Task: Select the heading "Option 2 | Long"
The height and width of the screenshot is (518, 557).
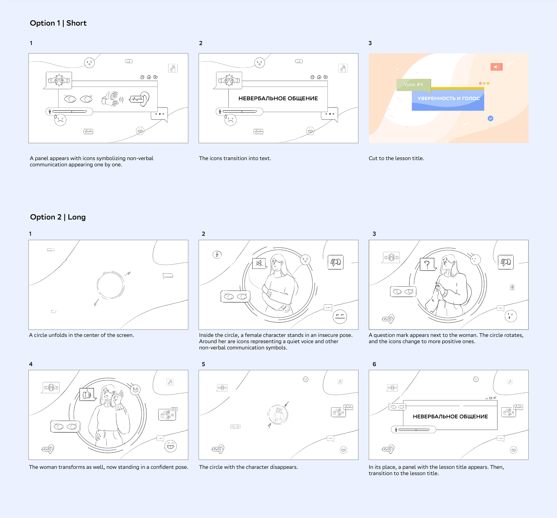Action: point(58,217)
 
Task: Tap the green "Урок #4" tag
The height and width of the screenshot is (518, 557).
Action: point(414,84)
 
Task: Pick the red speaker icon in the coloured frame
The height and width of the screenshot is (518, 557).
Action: point(496,67)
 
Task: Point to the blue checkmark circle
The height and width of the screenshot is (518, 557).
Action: point(490,118)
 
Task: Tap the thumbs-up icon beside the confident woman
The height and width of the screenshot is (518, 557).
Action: point(88,395)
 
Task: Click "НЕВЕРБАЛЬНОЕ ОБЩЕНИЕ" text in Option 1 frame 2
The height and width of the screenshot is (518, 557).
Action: point(278,98)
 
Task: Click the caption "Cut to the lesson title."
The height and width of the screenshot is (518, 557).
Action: point(396,158)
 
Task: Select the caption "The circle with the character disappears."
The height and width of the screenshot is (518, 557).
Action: point(248,467)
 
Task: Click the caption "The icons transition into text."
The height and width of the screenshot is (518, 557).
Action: point(235,158)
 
